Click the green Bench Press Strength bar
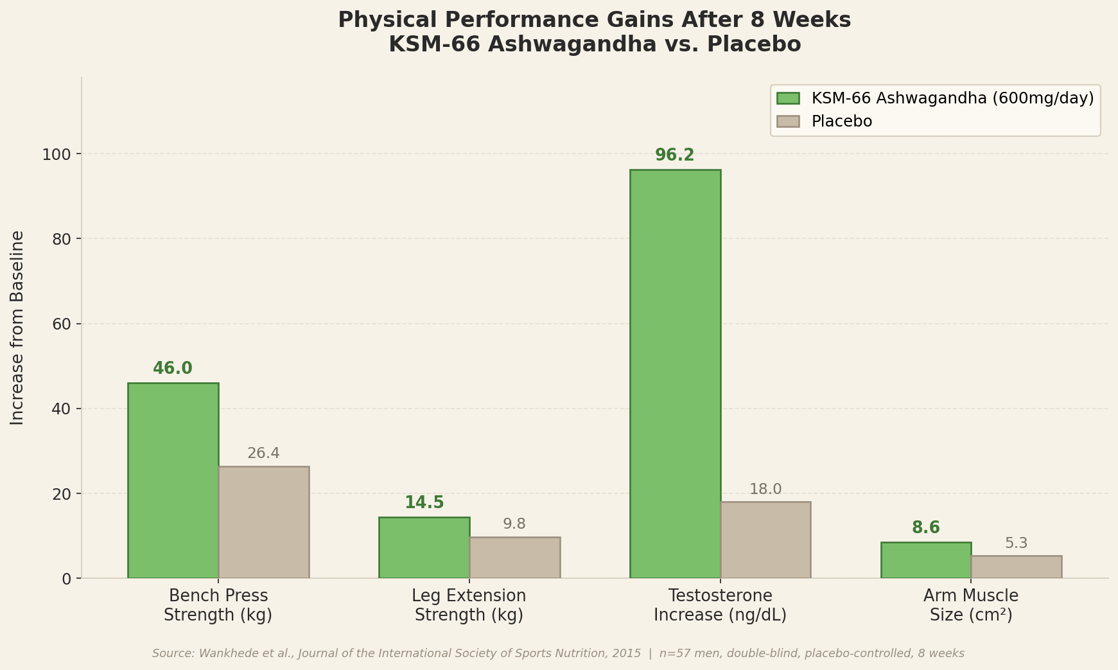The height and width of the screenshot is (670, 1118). tap(173, 480)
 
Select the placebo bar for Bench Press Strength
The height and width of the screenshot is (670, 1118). tap(264, 522)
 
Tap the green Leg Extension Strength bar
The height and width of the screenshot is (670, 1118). tap(424, 547)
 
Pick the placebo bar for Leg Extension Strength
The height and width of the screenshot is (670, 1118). tap(515, 558)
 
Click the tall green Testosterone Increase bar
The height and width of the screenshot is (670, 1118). tap(676, 374)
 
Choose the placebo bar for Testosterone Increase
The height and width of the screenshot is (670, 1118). tap(765, 540)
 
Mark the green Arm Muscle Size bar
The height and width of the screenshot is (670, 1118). tap(926, 560)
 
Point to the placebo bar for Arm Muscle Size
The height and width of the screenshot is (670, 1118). tap(1017, 567)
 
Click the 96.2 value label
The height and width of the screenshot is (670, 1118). tap(675, 155)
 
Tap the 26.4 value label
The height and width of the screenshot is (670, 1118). tap(263, 454)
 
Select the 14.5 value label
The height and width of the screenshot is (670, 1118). tap(424, 503)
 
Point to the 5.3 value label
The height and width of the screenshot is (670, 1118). tap(1017, 543)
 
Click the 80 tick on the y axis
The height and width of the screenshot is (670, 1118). tap(63, 239)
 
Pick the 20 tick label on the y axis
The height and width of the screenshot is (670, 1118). tap(63, 494)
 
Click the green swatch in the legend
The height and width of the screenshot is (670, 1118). tap(788, 98)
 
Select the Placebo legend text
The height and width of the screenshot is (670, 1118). tap(842, 121)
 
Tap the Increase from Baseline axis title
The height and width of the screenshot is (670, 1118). tap(17, 328)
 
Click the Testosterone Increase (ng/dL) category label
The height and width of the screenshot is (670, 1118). tap(721, 606)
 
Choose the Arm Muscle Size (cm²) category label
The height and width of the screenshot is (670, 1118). tap(971, 606)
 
